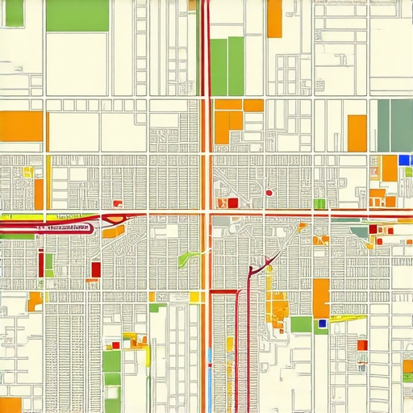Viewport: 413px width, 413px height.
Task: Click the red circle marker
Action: point(269,193)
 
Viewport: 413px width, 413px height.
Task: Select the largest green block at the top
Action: point(77,15)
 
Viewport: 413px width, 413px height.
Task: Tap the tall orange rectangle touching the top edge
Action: point(274,19)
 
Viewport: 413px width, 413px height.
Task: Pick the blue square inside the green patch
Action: point(323,323)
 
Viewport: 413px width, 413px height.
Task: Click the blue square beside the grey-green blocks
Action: point(405,160)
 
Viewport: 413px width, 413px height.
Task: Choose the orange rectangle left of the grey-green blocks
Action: point(357,133)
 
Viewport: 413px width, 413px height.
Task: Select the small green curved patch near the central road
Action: point(190,257)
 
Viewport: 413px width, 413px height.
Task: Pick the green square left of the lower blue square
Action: point(301,323)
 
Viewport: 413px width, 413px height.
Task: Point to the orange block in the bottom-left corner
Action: point(10,405)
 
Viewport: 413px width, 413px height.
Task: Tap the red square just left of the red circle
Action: point(234,202)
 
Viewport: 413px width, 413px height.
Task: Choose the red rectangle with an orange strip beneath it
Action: point(96,269)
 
